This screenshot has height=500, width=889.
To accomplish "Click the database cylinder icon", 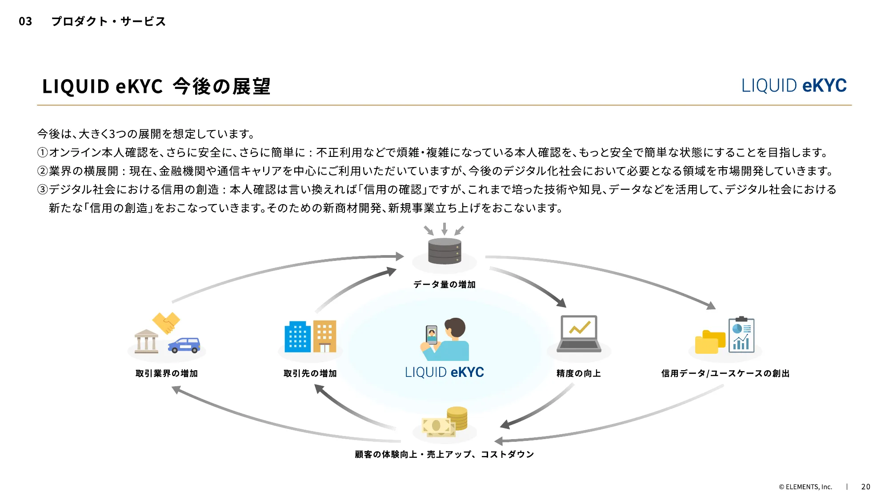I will coord(444,251).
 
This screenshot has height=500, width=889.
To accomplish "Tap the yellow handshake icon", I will coord(166,322).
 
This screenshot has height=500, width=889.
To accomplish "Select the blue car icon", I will coord(184,345).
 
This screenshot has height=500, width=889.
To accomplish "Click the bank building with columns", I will coord(146,341).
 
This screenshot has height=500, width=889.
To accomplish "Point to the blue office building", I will coord(297,336).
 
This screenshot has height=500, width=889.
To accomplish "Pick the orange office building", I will coord(324,336).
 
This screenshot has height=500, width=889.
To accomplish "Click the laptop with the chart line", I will coord(579,333).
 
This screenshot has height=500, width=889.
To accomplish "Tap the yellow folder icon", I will coord(709,342).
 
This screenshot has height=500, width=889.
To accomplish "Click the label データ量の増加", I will coord(444,284).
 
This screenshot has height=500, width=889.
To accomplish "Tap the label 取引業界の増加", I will coord(167,373).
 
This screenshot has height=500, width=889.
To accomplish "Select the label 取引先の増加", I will coord(310,373).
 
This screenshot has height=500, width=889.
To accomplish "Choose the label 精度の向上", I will coord(579,373).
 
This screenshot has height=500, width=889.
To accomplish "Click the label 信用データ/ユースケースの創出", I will coord(725,373).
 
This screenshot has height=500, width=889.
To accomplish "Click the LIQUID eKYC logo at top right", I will coord(794,85).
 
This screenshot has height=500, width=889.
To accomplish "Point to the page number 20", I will coord(865,487).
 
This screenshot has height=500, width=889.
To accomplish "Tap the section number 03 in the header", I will coord(25,21).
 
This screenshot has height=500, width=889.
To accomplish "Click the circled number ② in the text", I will coord(42,171).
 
